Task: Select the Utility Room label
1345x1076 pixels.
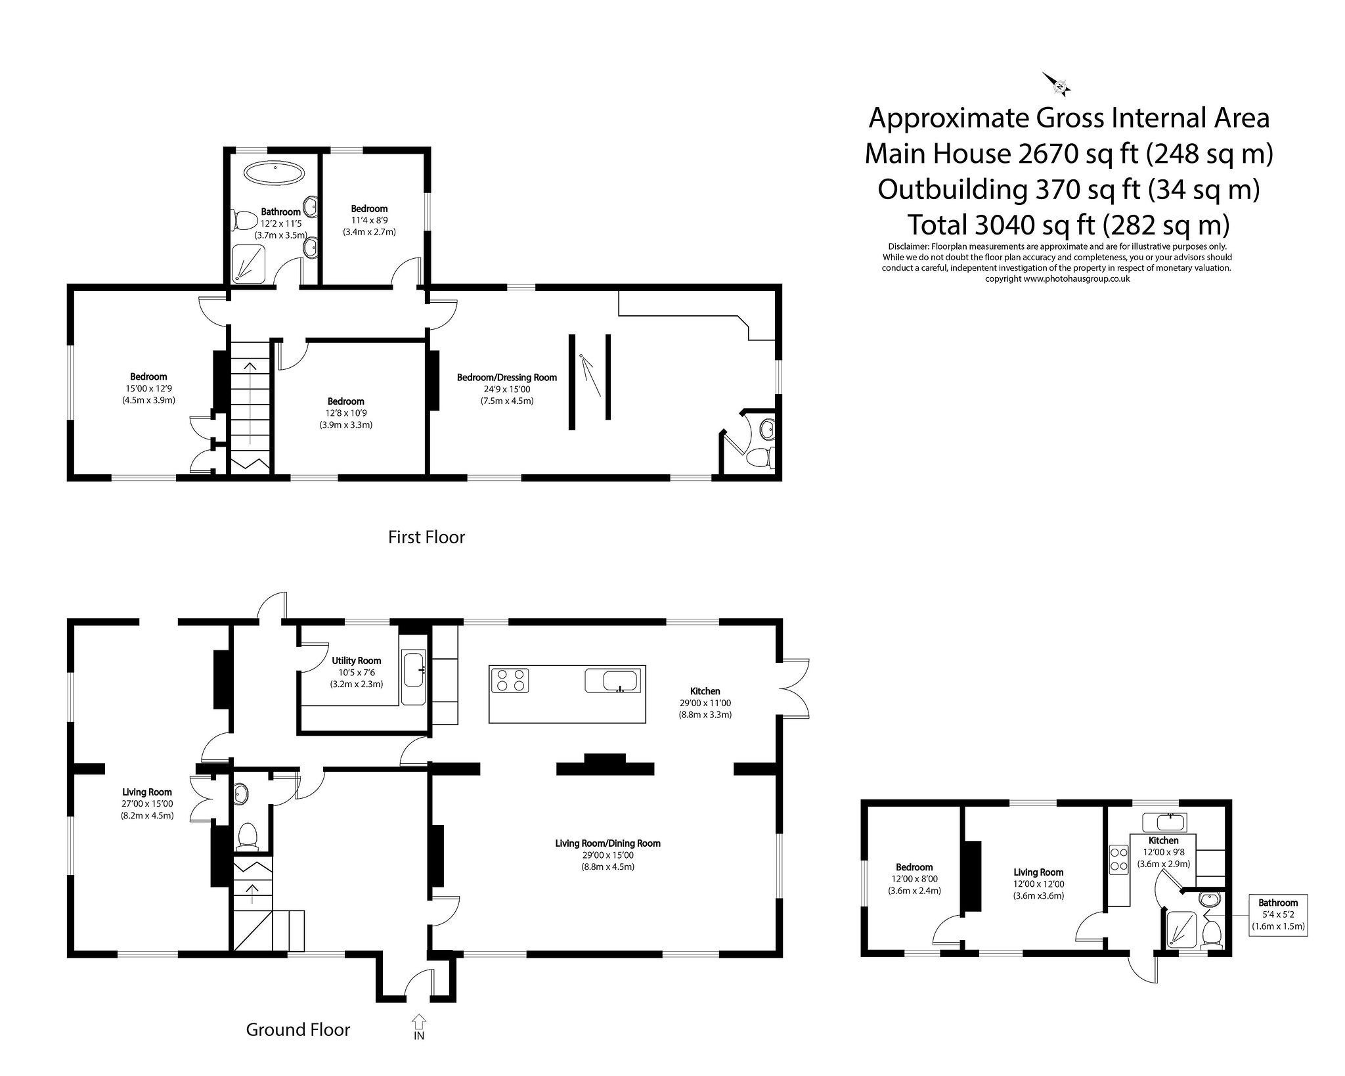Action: [356, 660]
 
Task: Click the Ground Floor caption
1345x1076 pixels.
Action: [298, 1030]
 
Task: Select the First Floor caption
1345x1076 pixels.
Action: [426, 537]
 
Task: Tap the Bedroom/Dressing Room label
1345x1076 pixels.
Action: [506, 377]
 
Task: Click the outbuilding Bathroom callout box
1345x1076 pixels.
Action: [1277, 914]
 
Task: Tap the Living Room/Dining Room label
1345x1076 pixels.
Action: [607, 843]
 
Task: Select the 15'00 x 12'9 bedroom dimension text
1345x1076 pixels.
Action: [148, 388]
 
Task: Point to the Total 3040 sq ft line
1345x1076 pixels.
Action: [1068, 225]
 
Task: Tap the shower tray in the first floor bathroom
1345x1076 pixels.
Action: [249, 264]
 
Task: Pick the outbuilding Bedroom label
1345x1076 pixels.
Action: [914, 867]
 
